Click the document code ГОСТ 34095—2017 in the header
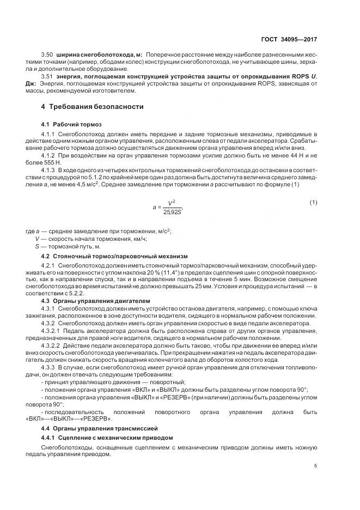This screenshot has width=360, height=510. point(289,39)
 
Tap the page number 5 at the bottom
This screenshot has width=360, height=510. point(315,466)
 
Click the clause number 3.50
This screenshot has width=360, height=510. point(48,56)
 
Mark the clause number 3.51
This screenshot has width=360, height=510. point(48,76)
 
